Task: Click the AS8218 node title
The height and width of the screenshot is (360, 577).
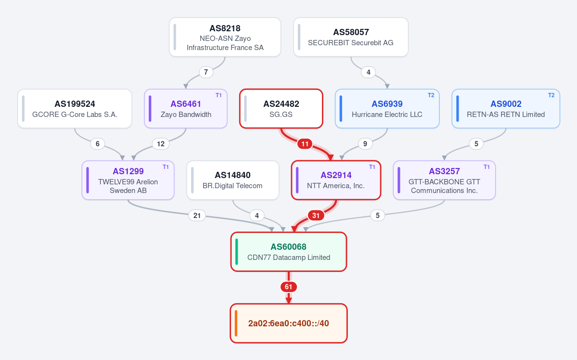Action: click(x=225, y=28)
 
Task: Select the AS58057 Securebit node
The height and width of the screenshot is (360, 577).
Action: click(x=351, y=37)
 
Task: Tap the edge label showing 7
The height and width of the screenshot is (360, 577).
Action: click(x=206, y=72)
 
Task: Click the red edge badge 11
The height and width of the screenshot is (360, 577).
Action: click(x=305, y=144)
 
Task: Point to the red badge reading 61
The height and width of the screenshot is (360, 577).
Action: click(x=289, y=287)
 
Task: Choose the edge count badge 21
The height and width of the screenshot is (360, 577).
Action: click(x=197, y=215)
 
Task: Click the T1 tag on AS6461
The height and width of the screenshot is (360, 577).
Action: click(x=218, y=95)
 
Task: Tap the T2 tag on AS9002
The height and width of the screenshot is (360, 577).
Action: click(x=551, y=95)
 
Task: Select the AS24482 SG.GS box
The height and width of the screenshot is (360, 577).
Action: click(x=281, y=109)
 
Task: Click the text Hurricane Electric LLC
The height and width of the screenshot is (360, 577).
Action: click(x=387, y=115)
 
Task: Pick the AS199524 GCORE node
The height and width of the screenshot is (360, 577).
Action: click(x=75, y=109)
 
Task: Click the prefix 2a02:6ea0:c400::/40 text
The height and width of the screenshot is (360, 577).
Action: click(x=289, y=323)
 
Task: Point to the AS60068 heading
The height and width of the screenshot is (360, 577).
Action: click(x=289, y=246)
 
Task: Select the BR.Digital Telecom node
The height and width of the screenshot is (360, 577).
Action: click(x=232, y=180)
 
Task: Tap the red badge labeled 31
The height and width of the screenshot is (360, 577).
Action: click(x=316, y=215)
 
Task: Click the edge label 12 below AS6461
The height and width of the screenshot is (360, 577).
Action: click(x=161, y=144)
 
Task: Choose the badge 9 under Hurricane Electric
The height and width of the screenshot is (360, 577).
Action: click(x=365, y=144)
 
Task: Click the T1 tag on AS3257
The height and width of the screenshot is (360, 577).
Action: click(x=487, y=167)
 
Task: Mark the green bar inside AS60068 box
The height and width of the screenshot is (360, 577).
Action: click(x=237, y=252)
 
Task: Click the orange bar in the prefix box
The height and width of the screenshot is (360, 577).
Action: click(x=236, y=323)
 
